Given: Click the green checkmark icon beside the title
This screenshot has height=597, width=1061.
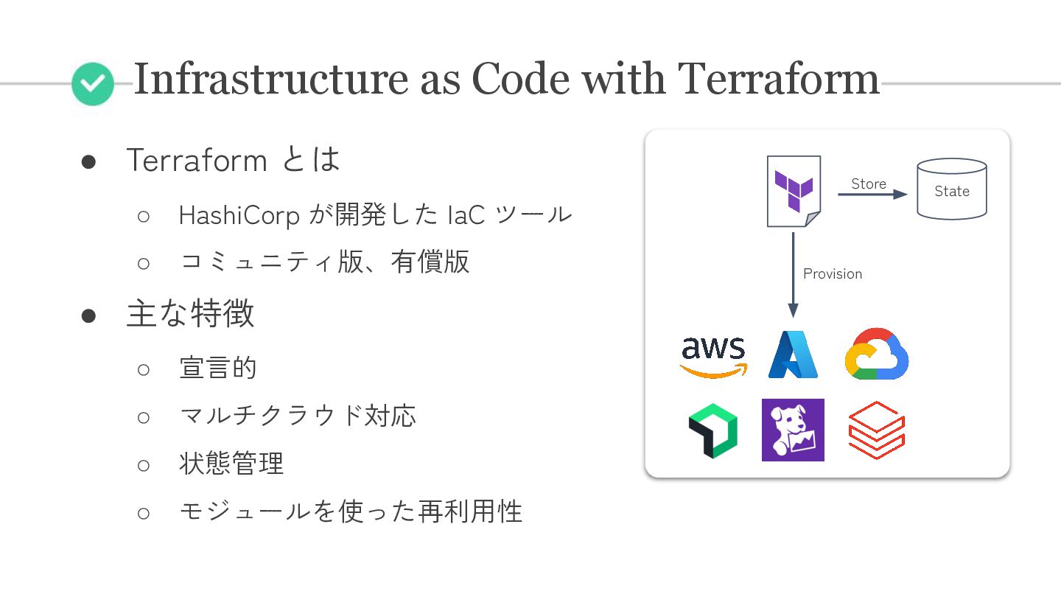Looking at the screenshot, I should point(93,84).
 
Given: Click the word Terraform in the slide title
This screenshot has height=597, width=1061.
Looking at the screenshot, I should point(778,79).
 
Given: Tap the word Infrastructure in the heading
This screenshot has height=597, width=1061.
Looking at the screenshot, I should point(270,79).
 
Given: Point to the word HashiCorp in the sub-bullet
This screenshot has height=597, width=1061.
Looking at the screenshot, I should point(239,215).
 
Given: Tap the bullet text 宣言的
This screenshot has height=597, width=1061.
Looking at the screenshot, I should point(218,367).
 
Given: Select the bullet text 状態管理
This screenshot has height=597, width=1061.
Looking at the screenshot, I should point(231,464).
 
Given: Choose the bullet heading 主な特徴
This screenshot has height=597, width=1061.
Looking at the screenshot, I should point(190,314).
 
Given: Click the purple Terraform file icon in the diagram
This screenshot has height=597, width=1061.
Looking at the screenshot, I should point(794,191).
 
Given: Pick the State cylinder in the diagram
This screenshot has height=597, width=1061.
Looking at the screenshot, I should point(951,189).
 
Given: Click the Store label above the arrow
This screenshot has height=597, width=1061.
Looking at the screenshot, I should point(869,184).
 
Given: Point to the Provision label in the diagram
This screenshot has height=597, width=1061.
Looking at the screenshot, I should point(833,273).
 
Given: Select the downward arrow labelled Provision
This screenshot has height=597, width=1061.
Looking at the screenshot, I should point(793,273).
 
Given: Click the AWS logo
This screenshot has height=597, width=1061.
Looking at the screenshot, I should point(712,355).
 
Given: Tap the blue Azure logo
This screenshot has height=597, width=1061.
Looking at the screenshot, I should point(793,355).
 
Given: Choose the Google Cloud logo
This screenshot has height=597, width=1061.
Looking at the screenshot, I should point(876,355).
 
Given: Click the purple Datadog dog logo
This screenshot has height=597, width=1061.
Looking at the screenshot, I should point(793,430).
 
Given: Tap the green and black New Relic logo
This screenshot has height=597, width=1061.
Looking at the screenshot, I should point(712,430).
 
